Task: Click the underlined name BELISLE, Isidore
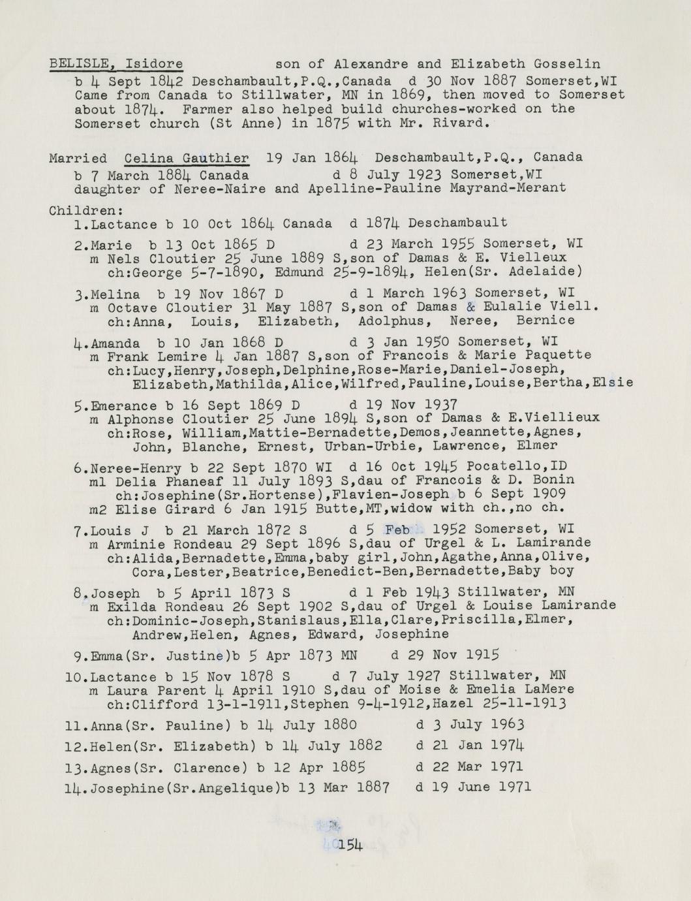pyautogui.click(x=115, y=64)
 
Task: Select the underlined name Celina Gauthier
pyautogui.click(x=186, y=158)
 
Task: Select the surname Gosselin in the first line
pyautogui.click(x=567, y=64)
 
